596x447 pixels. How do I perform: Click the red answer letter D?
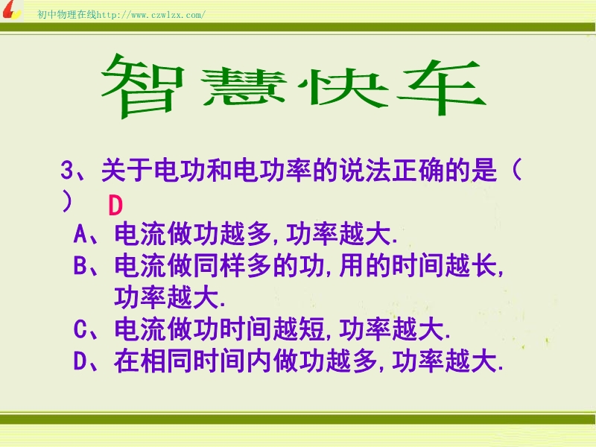coord(115,206)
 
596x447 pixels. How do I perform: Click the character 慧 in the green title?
coord(244,87)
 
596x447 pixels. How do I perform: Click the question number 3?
coord(67,171)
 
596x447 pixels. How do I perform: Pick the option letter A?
coord(80,234)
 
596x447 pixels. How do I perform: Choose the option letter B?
coord(80,265)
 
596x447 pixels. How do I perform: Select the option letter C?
coord(80,329)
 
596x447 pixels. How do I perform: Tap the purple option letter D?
coord(80,361)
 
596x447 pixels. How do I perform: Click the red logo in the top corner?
coord(11,10)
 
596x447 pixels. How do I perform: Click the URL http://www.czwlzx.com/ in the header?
coord(151,15)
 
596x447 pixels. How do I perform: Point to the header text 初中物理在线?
coord(67,14)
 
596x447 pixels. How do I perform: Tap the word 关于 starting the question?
coord(127,170)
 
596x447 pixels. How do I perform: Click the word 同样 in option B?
coord(219,265)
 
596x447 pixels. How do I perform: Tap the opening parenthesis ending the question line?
coord(516,170)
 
